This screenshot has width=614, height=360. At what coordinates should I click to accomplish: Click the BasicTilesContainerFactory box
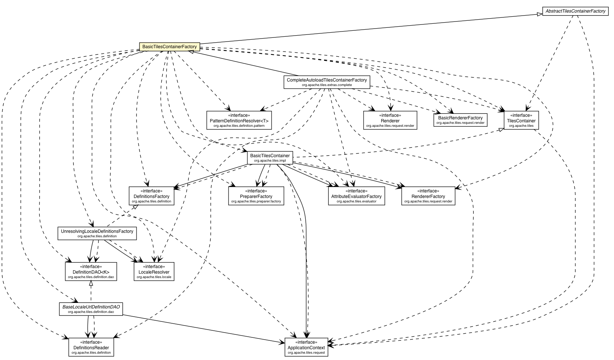[x=170, y=47]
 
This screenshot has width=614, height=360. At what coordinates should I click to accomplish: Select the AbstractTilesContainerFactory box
[x=575, y=11]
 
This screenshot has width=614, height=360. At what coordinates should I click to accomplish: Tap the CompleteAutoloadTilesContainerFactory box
[x=326, y=82]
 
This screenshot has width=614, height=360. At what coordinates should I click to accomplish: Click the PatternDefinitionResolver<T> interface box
[x=239, y=120]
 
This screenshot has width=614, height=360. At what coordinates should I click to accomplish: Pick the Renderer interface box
[x=390, y=120]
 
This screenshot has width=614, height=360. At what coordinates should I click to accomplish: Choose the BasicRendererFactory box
[x=460, y=120]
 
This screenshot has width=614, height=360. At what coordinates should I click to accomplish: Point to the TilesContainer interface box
[x=521, y=120]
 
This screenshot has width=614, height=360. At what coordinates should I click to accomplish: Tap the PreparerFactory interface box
[x=256, y=196]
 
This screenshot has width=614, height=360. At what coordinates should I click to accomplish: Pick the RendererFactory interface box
[x=428, y=196]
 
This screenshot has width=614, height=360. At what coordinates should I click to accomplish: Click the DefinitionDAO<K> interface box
[x=91, y=271]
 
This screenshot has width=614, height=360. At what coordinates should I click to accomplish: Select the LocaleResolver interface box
[x=154, y=271]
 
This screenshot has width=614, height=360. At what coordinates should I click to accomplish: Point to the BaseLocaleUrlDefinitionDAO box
[x=91, y=309]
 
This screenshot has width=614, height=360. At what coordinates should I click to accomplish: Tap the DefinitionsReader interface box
[x=91, y=347]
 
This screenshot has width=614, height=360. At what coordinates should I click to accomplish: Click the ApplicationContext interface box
[x=306, y=347]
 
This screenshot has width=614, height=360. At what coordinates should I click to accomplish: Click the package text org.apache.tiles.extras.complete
[x=326, y=85]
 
